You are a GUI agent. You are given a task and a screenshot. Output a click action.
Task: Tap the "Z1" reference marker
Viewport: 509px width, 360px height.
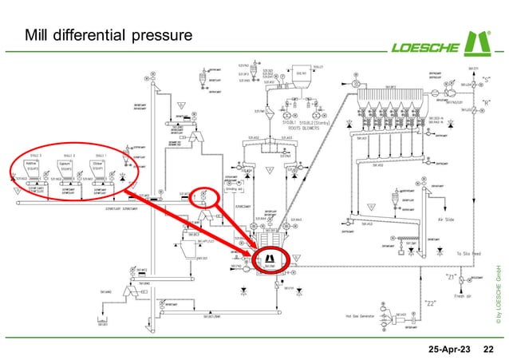[x=451, y=277]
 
